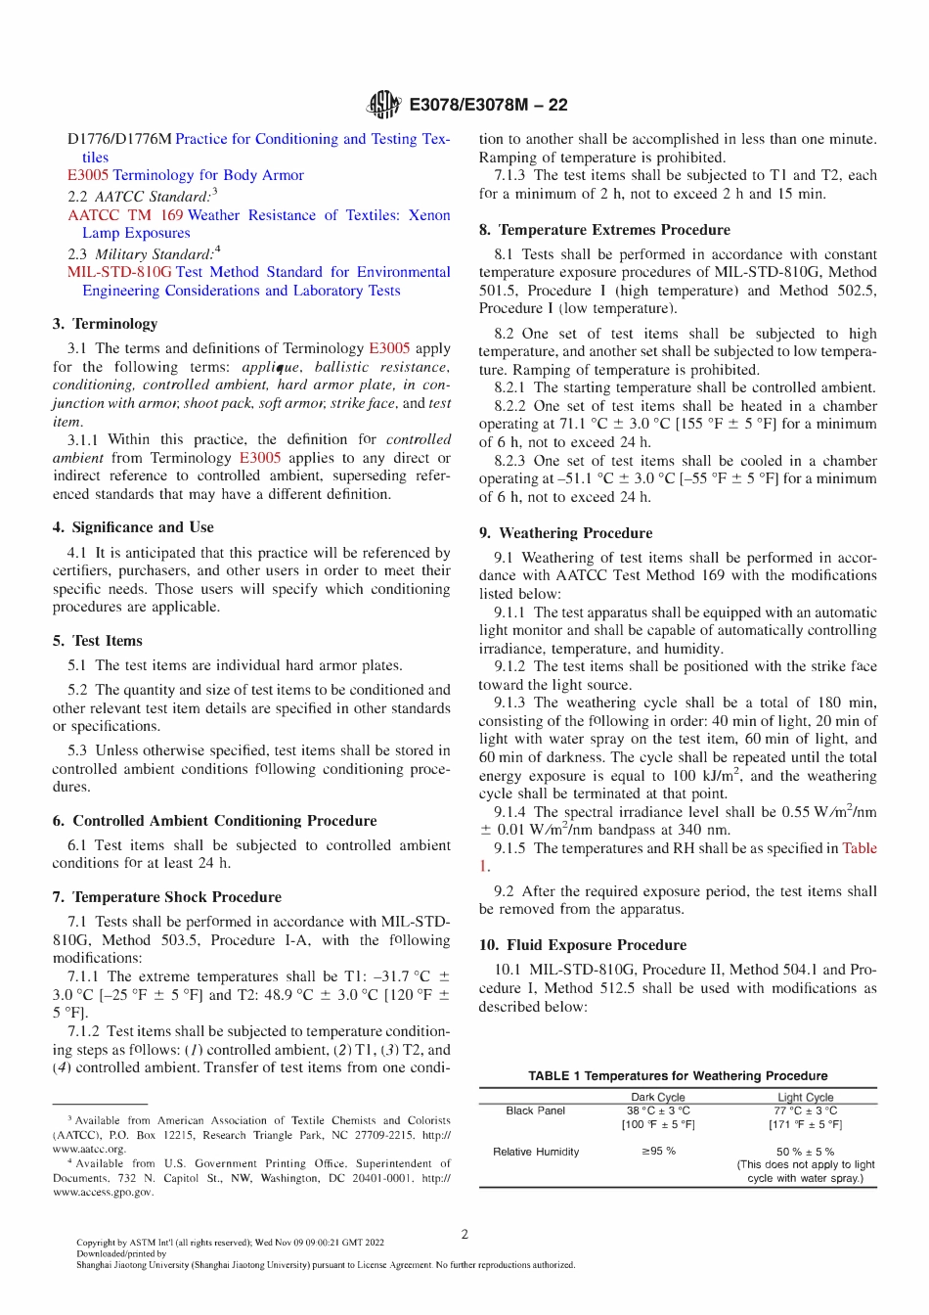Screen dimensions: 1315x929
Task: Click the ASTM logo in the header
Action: [383, 105]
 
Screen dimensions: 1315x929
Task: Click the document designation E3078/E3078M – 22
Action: [488, 105]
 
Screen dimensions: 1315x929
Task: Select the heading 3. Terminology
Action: [105, 324]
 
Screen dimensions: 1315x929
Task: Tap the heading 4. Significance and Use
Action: [133, 527]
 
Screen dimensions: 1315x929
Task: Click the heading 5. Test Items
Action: [98, 641]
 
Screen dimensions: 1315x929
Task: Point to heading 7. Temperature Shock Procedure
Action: [167, 897]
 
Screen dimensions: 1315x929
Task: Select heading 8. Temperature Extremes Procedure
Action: [604, 230]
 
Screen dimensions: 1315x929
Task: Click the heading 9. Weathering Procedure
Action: [565, 533]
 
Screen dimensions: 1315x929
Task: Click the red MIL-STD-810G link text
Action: [119, 272]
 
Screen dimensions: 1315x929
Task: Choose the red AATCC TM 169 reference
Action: [125, 215]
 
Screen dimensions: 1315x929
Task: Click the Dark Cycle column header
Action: [658, 1098]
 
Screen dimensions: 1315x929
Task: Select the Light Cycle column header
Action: [805, 1098]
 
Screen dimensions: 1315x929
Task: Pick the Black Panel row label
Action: [536, 1111]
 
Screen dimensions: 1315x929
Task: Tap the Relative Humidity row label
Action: [536, 1152]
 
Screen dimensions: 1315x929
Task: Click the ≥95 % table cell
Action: [658, 1152]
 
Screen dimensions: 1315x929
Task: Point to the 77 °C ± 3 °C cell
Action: [805, 1111]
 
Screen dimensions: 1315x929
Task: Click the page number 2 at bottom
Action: [464, 1234]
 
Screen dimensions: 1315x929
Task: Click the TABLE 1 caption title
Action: [678, 1075]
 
